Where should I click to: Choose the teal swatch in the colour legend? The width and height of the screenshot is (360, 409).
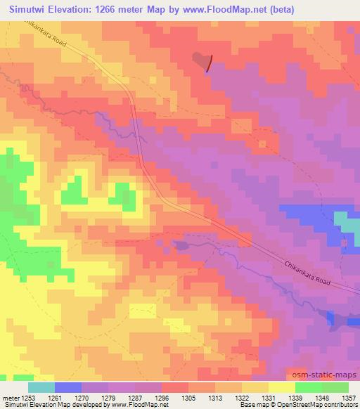click(41, 387)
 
